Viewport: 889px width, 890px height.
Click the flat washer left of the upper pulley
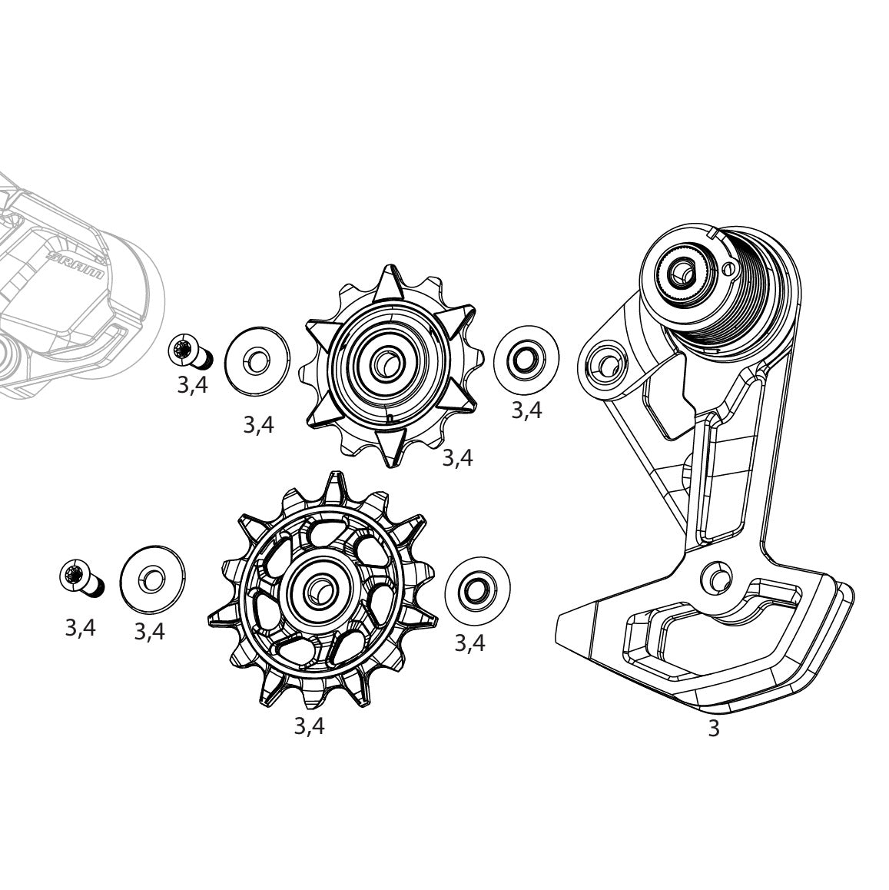click(257, 358)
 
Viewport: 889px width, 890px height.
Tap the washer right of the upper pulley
click(526, 359)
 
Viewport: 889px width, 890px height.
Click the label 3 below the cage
click(713, 729)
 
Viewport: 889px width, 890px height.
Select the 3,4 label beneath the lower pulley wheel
click(309, 726)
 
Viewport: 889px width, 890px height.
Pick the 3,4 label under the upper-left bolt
click(192, 385)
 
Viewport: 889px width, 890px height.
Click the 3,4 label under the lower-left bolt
click(80, 628)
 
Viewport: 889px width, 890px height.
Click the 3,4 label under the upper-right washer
click(526, 410)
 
